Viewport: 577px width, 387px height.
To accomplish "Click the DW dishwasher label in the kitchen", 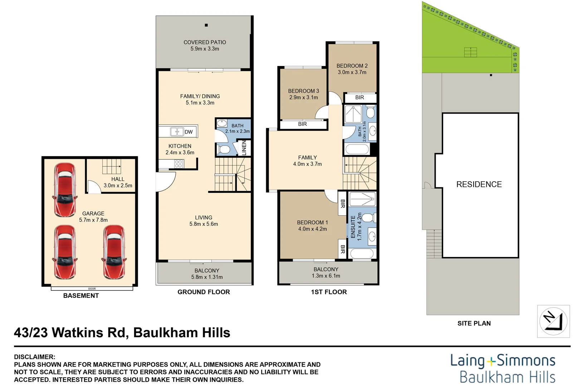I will (x=189, y=132).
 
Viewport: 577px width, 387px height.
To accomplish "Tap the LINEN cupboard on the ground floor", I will (x=244, y=148).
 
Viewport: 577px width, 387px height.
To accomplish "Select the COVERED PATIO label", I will (x=205, y=42).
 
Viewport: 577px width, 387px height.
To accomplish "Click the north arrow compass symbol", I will (x=553, y=321).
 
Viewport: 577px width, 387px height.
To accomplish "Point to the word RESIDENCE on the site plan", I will (x=479, y=185).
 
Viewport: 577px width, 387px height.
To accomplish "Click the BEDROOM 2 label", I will (x=352, y=66).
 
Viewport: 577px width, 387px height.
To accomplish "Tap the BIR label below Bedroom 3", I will (x=302, y=124).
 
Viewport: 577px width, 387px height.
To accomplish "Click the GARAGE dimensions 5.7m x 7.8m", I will (x=93, y=220).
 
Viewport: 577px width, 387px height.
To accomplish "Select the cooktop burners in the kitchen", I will (x=179, y=164).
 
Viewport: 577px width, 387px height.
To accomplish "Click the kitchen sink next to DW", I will (x=177, y=132).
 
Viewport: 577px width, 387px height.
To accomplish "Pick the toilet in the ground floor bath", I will (x=224, y=149).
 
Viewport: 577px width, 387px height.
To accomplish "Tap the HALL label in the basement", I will (x=118, y=179).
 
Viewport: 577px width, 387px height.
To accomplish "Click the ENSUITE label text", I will (x=353, y=226).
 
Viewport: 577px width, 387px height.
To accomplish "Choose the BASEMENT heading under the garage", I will (x=81, y=296).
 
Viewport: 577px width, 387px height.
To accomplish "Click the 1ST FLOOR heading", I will (x=329, y=292).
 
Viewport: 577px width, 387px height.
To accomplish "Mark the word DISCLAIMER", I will (x=34, y=357).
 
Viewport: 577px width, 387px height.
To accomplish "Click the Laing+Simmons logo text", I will (x=503, y=360).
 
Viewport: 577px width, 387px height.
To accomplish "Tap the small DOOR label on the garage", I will (x=92, y=289).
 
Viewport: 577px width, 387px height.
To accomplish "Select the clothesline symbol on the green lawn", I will (x=470, y=52).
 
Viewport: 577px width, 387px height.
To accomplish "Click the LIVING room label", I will (x=204, y=218).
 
